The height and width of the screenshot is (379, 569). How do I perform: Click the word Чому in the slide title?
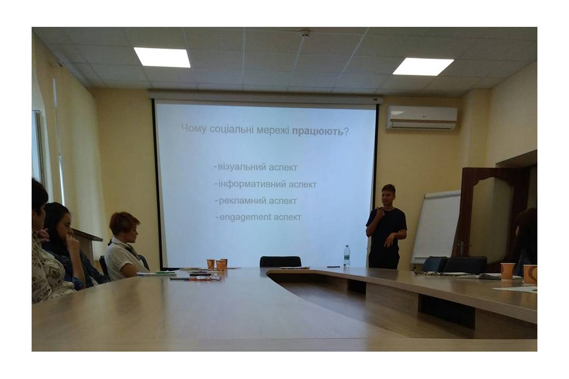tap(194, 129)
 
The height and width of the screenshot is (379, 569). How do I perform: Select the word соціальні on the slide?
tap(232, 129)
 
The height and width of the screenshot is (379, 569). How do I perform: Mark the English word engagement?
tap(246, 217)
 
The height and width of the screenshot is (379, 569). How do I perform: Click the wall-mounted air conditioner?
tap(421, 118)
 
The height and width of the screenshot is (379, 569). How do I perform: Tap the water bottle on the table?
tap(347, 256)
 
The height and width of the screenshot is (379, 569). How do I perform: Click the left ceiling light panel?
tap(162, 57)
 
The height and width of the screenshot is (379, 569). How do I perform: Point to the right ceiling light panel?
tap(423, 66)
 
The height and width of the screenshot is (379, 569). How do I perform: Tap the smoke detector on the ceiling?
tap(306, 33)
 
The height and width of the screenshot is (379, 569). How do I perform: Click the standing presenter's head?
tap(388, 195)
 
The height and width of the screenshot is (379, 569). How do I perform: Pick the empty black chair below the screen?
tap(280, 262)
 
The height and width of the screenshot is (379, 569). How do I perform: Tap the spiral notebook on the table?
tap(156, 274)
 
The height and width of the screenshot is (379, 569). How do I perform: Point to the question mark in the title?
tap(346, 131)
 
